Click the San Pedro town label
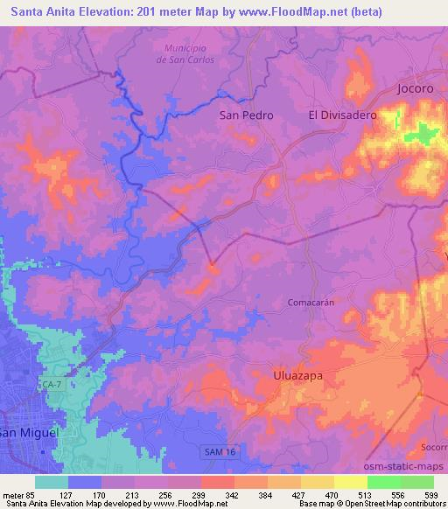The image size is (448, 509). click(x=246, y=115)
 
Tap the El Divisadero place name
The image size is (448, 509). click(x=342, y=115)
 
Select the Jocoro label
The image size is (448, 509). click(x=415, y=89)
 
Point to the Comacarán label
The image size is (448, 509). click(x=311, y=302)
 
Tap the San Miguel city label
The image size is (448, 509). click(x=28, y=433)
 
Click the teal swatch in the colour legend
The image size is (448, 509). click(x=52, y=481)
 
